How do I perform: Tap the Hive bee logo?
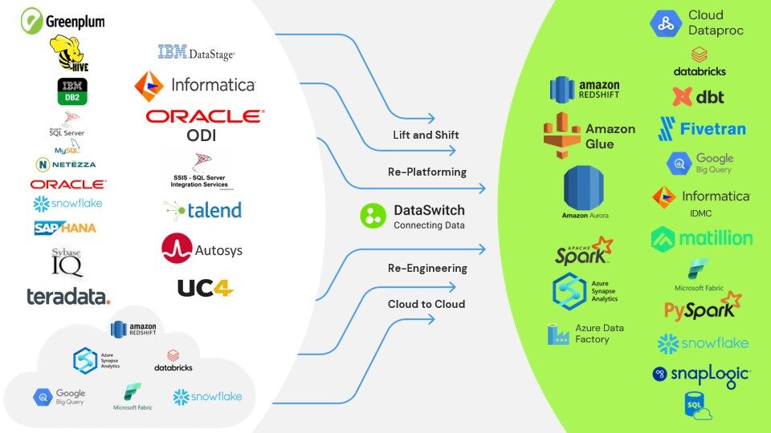pyautogui.click(x=69, y=54)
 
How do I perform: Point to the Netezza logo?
pyautogui.click(x=66, y=164)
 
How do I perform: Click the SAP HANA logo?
pyautogui.click(x=65, y=228)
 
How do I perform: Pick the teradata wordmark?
pyautogui.click(x=68, y=297)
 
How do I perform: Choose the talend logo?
pyautogui.click(x=202, y=209)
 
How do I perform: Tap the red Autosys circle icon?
pyautogui.click(x=177, y=249)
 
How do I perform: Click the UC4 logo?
pyautogui.click(x=205, y=287)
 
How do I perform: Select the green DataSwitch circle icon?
pyautogui.click(x=373, y=216)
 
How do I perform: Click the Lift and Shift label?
pyautogui.click(x=426, y=135)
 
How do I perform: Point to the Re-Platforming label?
pyautogui.click(x=426, y=172)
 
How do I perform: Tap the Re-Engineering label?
pyautogui.click(x=426, y=267)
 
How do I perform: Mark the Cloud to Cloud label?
pyautogui.click(x=426, y=304)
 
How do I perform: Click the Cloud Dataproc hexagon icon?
pyautogui.click(x=666, y=23)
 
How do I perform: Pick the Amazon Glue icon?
pyautogui.click(x=562, y=134)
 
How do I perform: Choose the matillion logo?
pyautogui.click(x=701, y=238)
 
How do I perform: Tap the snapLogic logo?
pyautogui.click(x=701, y=374)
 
